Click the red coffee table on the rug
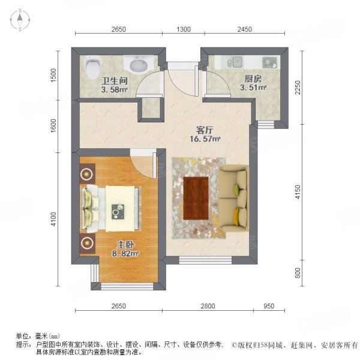(195, 199)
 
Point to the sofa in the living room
(233, 197)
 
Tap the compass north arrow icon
(20, 20)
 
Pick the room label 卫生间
(114, 80)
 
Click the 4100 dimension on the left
(53, 220)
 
